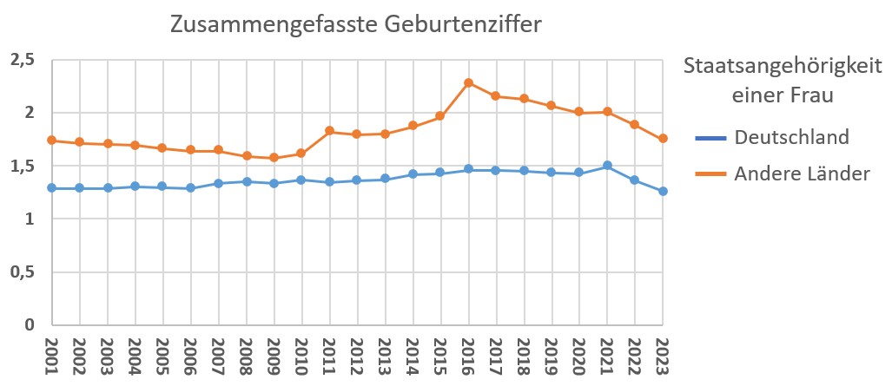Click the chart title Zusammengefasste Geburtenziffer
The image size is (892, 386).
[355, 24]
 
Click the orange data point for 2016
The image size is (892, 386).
[468, 83]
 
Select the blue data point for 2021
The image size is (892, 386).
[607, 166]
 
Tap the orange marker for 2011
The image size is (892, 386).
[329, 131]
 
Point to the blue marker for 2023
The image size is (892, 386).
[663, 191]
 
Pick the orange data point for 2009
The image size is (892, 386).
[274, 158]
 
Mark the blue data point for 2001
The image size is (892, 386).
[51, 188]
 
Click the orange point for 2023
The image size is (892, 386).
[663, 139]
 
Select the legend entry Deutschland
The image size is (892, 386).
[790, 137]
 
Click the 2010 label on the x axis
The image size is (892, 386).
[301, 357]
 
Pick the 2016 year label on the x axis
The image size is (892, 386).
[468, 357]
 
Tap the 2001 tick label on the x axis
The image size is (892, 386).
[51, 357]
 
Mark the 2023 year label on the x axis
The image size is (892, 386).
[663, 357]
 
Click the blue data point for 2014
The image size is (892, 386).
[413, 174]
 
